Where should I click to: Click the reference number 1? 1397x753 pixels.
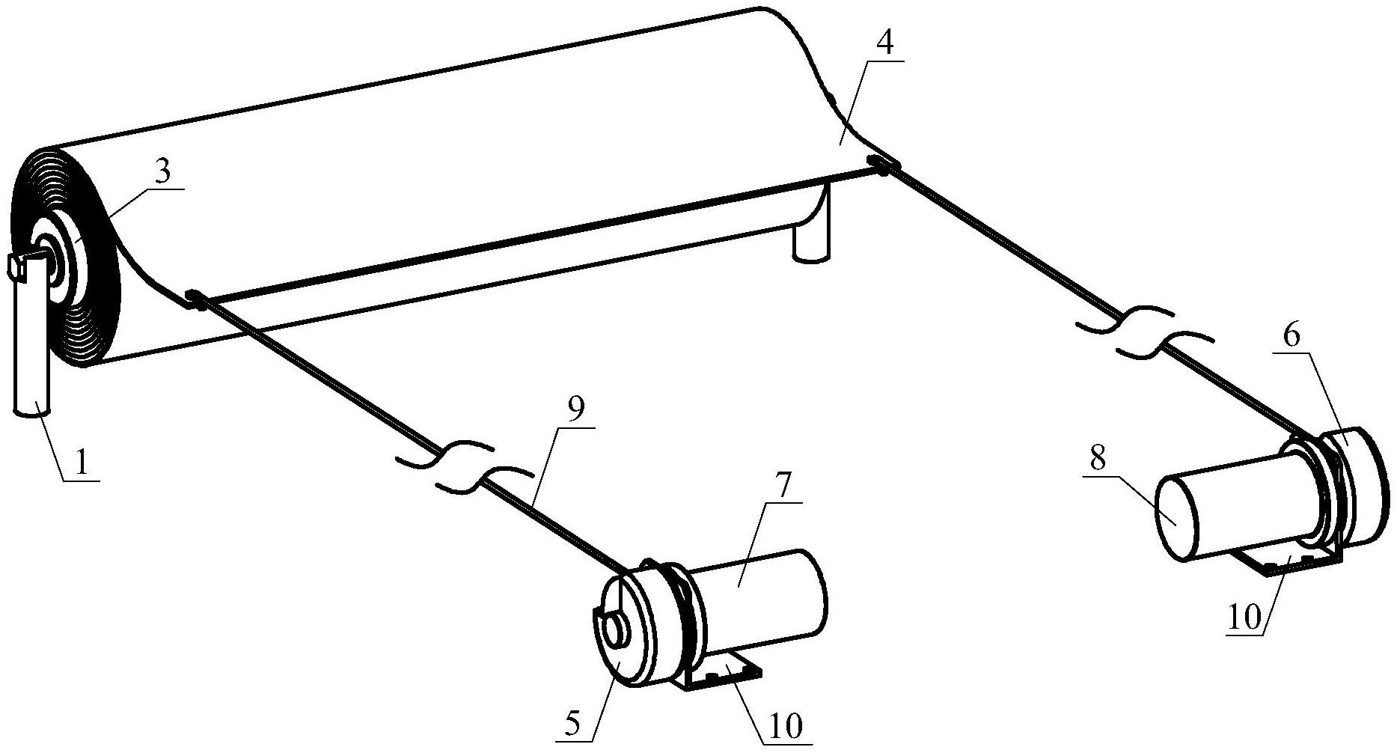(x=81, y=463)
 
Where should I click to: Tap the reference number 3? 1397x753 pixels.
(x=162, y=172)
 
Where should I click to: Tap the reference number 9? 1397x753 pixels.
(x=575, y=409)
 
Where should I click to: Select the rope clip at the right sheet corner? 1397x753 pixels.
(x=879, y=165)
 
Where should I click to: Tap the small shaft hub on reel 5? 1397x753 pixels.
(x=616, y=629)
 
